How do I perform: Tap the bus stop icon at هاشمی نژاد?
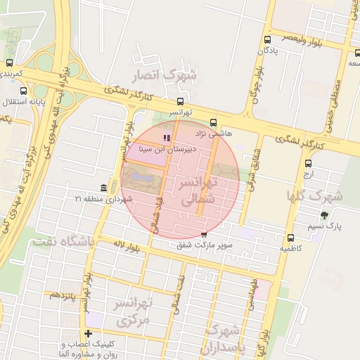click(x=214, y=122)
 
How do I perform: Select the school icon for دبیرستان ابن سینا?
click(x=167, y=139)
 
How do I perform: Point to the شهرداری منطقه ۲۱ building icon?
click(x=104, y=188)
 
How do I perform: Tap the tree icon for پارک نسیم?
click(x=324, y=215)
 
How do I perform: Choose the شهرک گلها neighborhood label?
click(x=314, y=195)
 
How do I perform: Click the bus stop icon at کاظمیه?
click(x=291, y=238)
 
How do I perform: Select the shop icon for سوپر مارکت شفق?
click(x=204, y=234)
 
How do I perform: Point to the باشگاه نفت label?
click(x=62, y=242)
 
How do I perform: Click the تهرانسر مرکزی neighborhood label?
click(x=134, y=312)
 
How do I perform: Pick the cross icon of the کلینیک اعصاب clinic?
click(x=88, y=333)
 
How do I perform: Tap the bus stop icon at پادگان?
click(x=267, y=40)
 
